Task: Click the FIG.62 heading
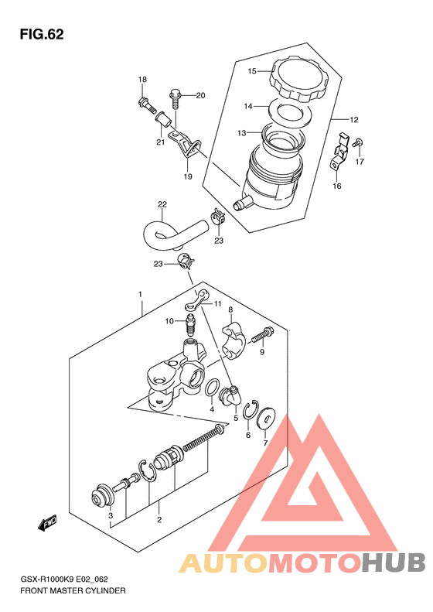41,34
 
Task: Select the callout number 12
354,120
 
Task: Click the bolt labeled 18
147,104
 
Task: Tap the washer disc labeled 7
267,419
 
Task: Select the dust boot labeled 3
102,496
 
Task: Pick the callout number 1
141,294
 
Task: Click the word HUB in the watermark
394,562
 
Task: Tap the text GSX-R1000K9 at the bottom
47,580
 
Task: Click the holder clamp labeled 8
234,340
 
